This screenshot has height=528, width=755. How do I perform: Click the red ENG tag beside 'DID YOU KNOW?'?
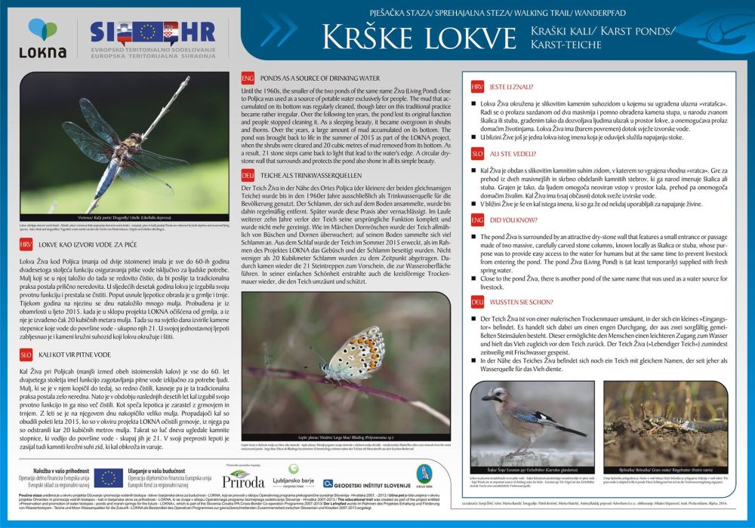tap(476, 219)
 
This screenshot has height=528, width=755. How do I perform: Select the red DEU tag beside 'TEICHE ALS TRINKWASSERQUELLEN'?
tap(246, 174)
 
